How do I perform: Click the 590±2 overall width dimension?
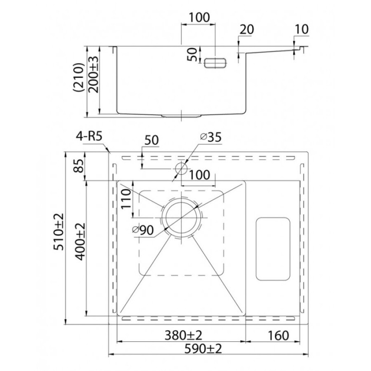[203, 349]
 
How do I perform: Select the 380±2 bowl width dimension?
[183, 335]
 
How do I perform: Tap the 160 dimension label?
[278, 335]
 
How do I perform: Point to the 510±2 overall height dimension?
[59, 231]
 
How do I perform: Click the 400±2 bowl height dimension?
[80, 242]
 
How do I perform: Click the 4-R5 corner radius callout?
[89, 136]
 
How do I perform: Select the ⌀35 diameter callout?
[211, 137]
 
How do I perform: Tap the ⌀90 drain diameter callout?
[143, 230]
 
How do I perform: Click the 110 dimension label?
[126, 198]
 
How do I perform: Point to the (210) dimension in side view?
[79, 77]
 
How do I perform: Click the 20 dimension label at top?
[247, 30]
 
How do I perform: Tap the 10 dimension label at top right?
[302, 29]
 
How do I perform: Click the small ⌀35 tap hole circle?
[181, 168]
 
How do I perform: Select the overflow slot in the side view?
[215, 63]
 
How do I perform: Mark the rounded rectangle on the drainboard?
[273, 249]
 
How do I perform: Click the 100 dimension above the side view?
[199, 18]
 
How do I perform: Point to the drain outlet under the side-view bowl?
[181, 116]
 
